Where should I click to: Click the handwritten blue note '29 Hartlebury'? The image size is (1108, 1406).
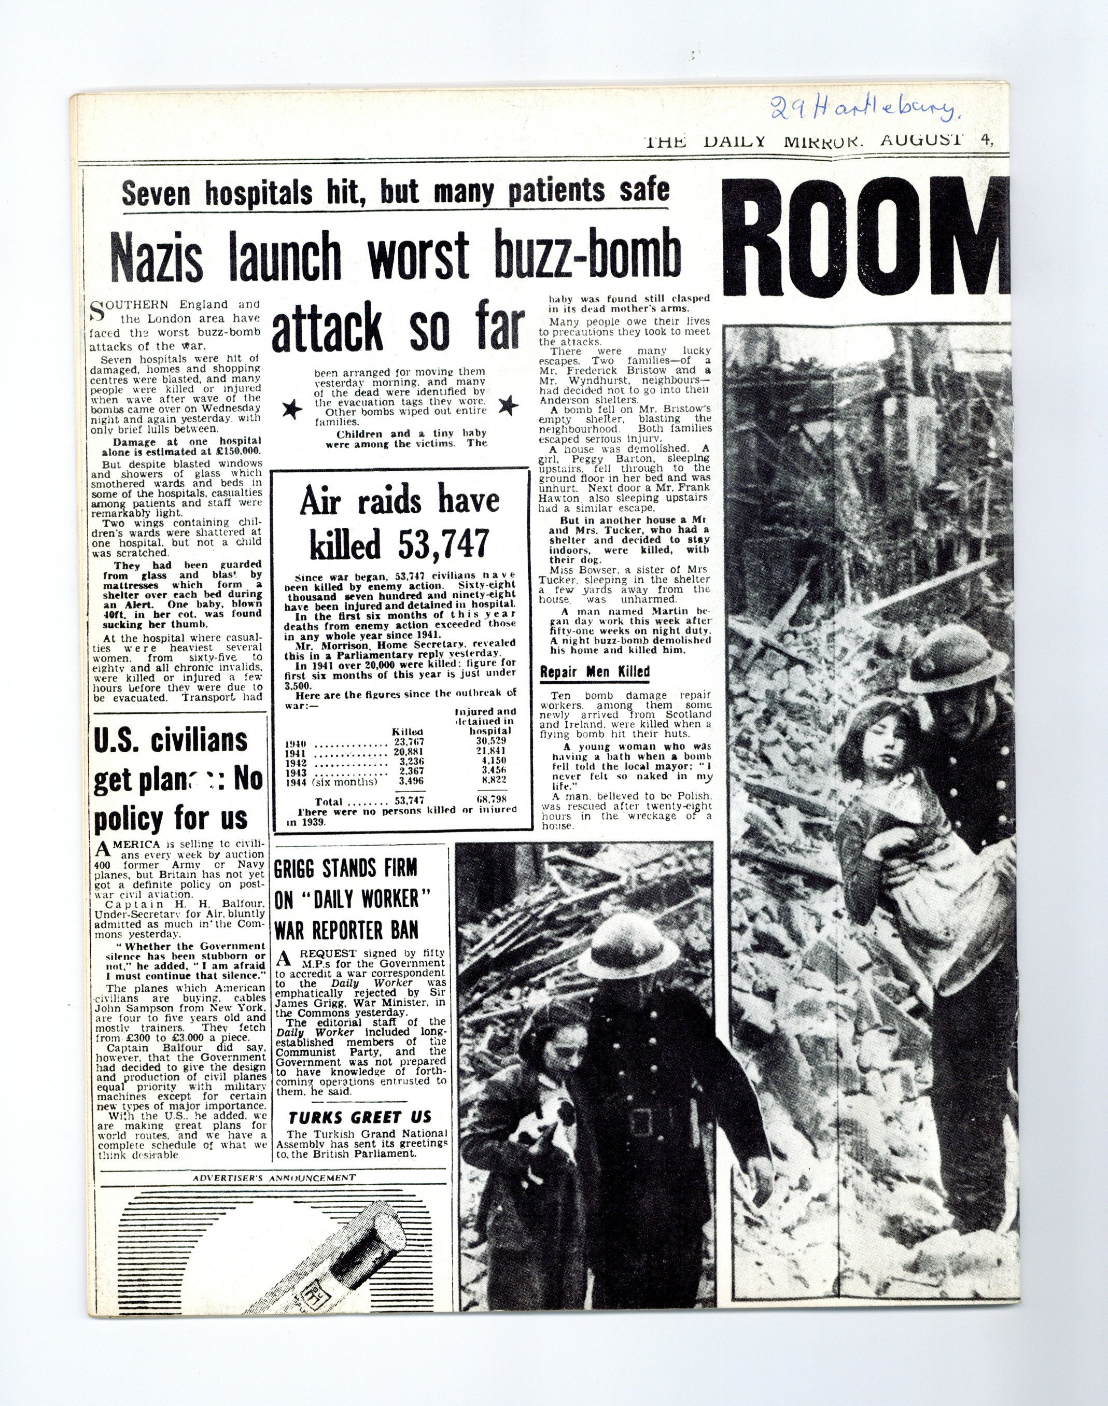864,110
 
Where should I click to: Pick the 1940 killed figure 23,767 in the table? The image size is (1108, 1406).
409,742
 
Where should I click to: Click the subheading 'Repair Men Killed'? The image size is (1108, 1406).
594,672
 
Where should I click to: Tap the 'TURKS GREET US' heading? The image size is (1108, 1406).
359,1117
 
